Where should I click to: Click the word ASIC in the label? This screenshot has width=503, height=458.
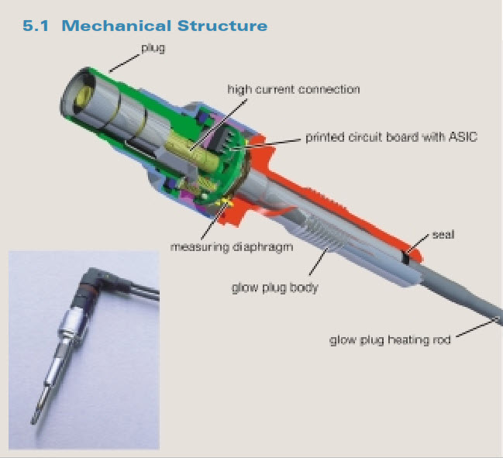pyautogui.click(x=463, y=137)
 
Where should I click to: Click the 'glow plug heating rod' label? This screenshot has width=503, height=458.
pyautogui.click(x=388, y=339)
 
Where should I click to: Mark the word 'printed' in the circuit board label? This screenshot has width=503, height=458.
pyautogui.click(x=324, y=137)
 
